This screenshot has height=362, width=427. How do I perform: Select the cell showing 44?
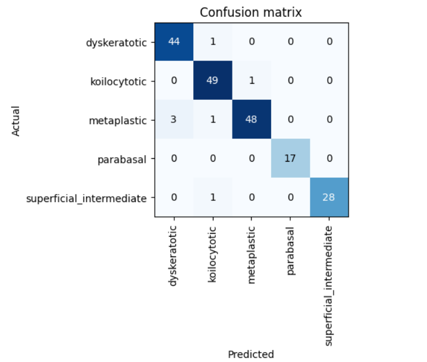(174, 42)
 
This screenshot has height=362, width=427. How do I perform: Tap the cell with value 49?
(212, 80)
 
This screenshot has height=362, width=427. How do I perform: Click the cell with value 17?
(290, 158)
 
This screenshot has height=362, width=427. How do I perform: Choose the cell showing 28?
(329, 197)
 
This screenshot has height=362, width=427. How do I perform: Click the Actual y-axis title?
(16, 120)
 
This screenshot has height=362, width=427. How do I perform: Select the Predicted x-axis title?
(251, 354)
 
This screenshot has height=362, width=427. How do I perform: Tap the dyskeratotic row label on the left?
(117, 42)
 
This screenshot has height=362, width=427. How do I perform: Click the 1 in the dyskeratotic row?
(212, 42)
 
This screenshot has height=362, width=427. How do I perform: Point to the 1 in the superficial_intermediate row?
(212, 197)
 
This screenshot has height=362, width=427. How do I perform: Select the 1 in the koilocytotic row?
(251, 80)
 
